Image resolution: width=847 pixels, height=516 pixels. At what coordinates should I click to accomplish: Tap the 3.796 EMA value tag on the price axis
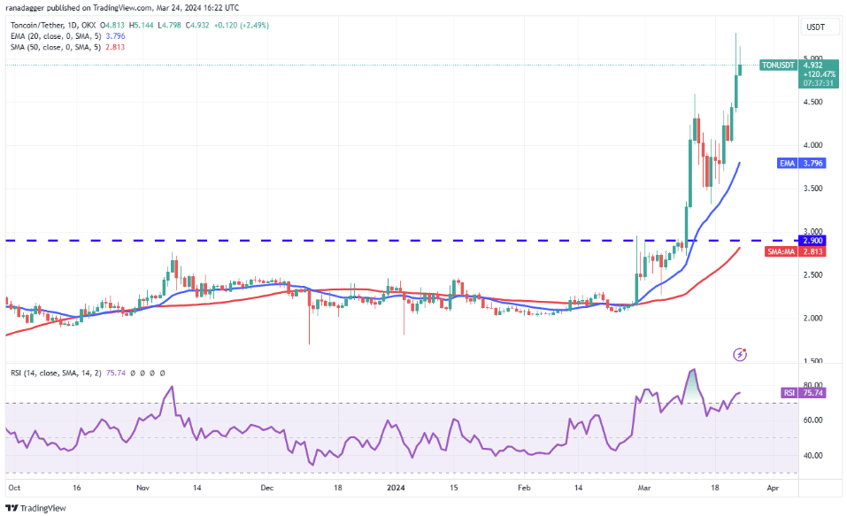coord(813,163)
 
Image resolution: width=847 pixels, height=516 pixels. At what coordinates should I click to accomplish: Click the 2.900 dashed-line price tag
coord(813,241)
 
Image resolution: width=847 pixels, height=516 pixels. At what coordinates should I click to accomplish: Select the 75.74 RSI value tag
coord(813,392)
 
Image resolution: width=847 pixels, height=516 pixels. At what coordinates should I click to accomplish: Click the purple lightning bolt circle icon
coord(741,354)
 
